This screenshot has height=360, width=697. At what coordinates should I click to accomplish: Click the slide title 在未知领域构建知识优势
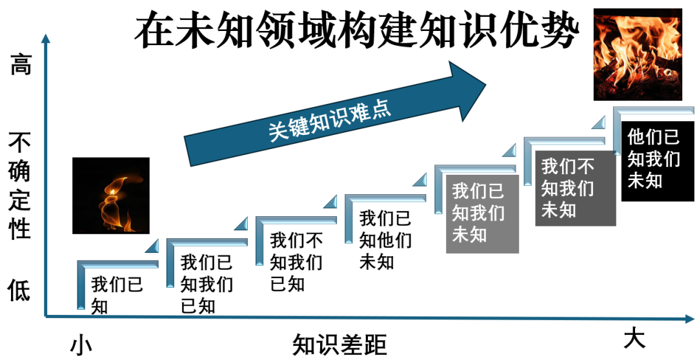pos(357,30)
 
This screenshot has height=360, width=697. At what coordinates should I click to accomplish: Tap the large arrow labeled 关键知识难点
pos(335,114)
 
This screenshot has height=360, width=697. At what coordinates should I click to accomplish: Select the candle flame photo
pos(111,195)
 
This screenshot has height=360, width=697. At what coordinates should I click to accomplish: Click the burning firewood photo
pos(638,54)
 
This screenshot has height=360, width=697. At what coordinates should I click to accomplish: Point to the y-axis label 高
pos(21,64)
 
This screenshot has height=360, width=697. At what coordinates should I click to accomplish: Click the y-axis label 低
pos(19,291)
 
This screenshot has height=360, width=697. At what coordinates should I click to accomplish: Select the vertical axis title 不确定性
pos(19,186)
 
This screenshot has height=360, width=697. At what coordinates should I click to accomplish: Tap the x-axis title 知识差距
pos(339,345)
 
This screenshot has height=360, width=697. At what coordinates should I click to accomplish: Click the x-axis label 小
pos(81,345)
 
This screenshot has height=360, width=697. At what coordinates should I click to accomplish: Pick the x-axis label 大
pos(634,339)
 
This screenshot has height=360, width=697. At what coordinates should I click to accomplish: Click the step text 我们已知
pos(117,295)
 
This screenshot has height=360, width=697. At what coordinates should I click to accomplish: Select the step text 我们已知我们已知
pos(207,284)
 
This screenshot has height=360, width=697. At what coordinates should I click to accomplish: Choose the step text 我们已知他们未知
pos(385,240)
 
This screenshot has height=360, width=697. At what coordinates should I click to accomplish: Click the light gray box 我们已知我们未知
pos(482,214)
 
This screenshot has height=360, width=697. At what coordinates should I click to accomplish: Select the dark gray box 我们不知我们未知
pos(575,188)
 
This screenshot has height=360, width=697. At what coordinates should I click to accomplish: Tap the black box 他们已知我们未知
pos(658,161)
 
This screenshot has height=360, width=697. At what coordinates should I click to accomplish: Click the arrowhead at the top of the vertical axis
pos(46,38)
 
